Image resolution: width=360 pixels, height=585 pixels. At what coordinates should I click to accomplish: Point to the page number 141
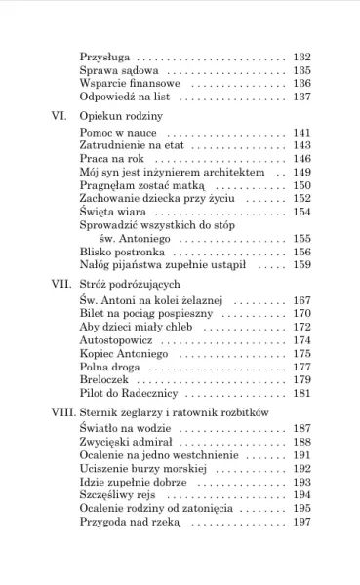(x=301, y=132)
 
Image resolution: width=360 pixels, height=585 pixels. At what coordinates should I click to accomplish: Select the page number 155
(x=301, y=238)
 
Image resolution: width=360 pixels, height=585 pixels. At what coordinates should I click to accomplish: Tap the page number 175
(x=301, y=354)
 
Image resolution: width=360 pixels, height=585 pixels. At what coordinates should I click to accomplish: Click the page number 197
(x=301, y=522)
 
